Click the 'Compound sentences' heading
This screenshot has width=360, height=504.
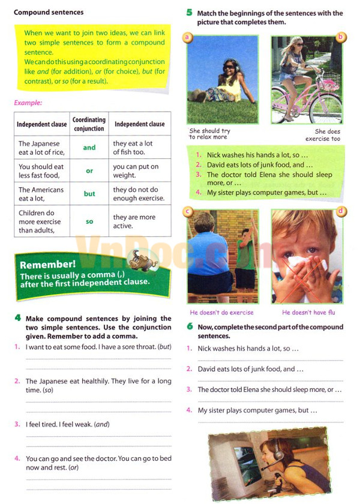coord(49,12)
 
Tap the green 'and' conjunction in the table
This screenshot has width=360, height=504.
coord(89,148)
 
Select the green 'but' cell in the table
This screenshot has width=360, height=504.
coord(89,194)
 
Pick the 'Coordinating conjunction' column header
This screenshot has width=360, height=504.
coord(89,124)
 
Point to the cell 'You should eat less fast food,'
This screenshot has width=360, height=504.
coord(40,171)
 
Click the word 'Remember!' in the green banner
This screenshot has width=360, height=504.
coord(47,265)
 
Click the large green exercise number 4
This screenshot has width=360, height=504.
coord(19,318)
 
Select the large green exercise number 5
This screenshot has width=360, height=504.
coord(189,13)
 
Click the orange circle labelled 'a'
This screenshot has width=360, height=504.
coord(188,37)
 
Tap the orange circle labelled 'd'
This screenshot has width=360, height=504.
coord(341,211)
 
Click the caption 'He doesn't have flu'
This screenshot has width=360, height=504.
coord(307,313)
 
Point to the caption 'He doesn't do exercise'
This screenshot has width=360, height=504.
coord(221,313)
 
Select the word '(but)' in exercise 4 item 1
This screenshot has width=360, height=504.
coord(164,347)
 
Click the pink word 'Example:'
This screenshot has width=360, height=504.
coord(28,103)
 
